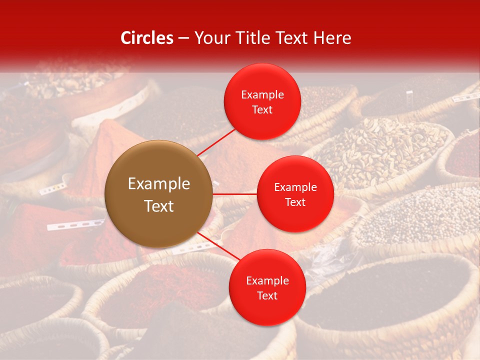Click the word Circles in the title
tap(146, 38)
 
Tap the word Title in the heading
tap(257, 38)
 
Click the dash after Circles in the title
tap(183, 38)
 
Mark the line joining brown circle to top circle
tap(217, 142)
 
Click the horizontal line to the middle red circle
tap(234, 193)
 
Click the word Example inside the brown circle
tap(159, 184)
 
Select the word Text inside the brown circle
tap(159, 206)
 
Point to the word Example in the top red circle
tap(262, 95)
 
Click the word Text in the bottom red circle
tap(267, 295)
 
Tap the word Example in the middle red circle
tap(295, 187)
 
